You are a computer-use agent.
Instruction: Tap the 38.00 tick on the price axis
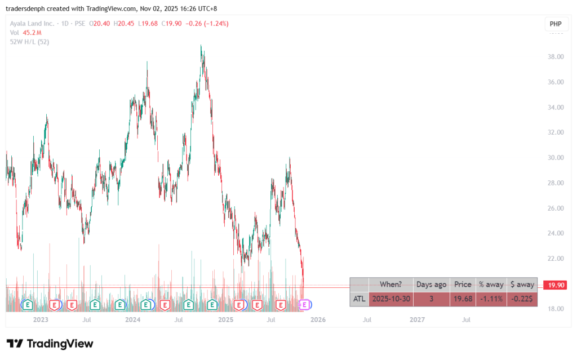(557, 57)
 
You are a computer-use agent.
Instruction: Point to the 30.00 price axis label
(557, 158)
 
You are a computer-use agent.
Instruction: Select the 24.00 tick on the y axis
(557, 233)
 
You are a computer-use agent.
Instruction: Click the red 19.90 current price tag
(557, 286)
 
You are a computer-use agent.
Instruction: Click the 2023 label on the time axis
(41, 320)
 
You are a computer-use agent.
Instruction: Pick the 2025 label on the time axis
(225, 320)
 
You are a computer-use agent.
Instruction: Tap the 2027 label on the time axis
(417, 320)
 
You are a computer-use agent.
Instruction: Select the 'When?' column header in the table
(390, 285)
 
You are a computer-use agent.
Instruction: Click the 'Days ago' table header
(431, 285)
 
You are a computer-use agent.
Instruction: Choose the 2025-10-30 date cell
(390, 299)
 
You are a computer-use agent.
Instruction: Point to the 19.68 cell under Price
(463, 299)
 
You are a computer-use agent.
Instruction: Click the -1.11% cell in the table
(490, 299)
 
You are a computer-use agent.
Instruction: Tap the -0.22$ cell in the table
(522, 299)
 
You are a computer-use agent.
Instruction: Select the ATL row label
(359, 299)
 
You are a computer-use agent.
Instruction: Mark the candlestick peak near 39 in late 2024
(202, 46)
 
